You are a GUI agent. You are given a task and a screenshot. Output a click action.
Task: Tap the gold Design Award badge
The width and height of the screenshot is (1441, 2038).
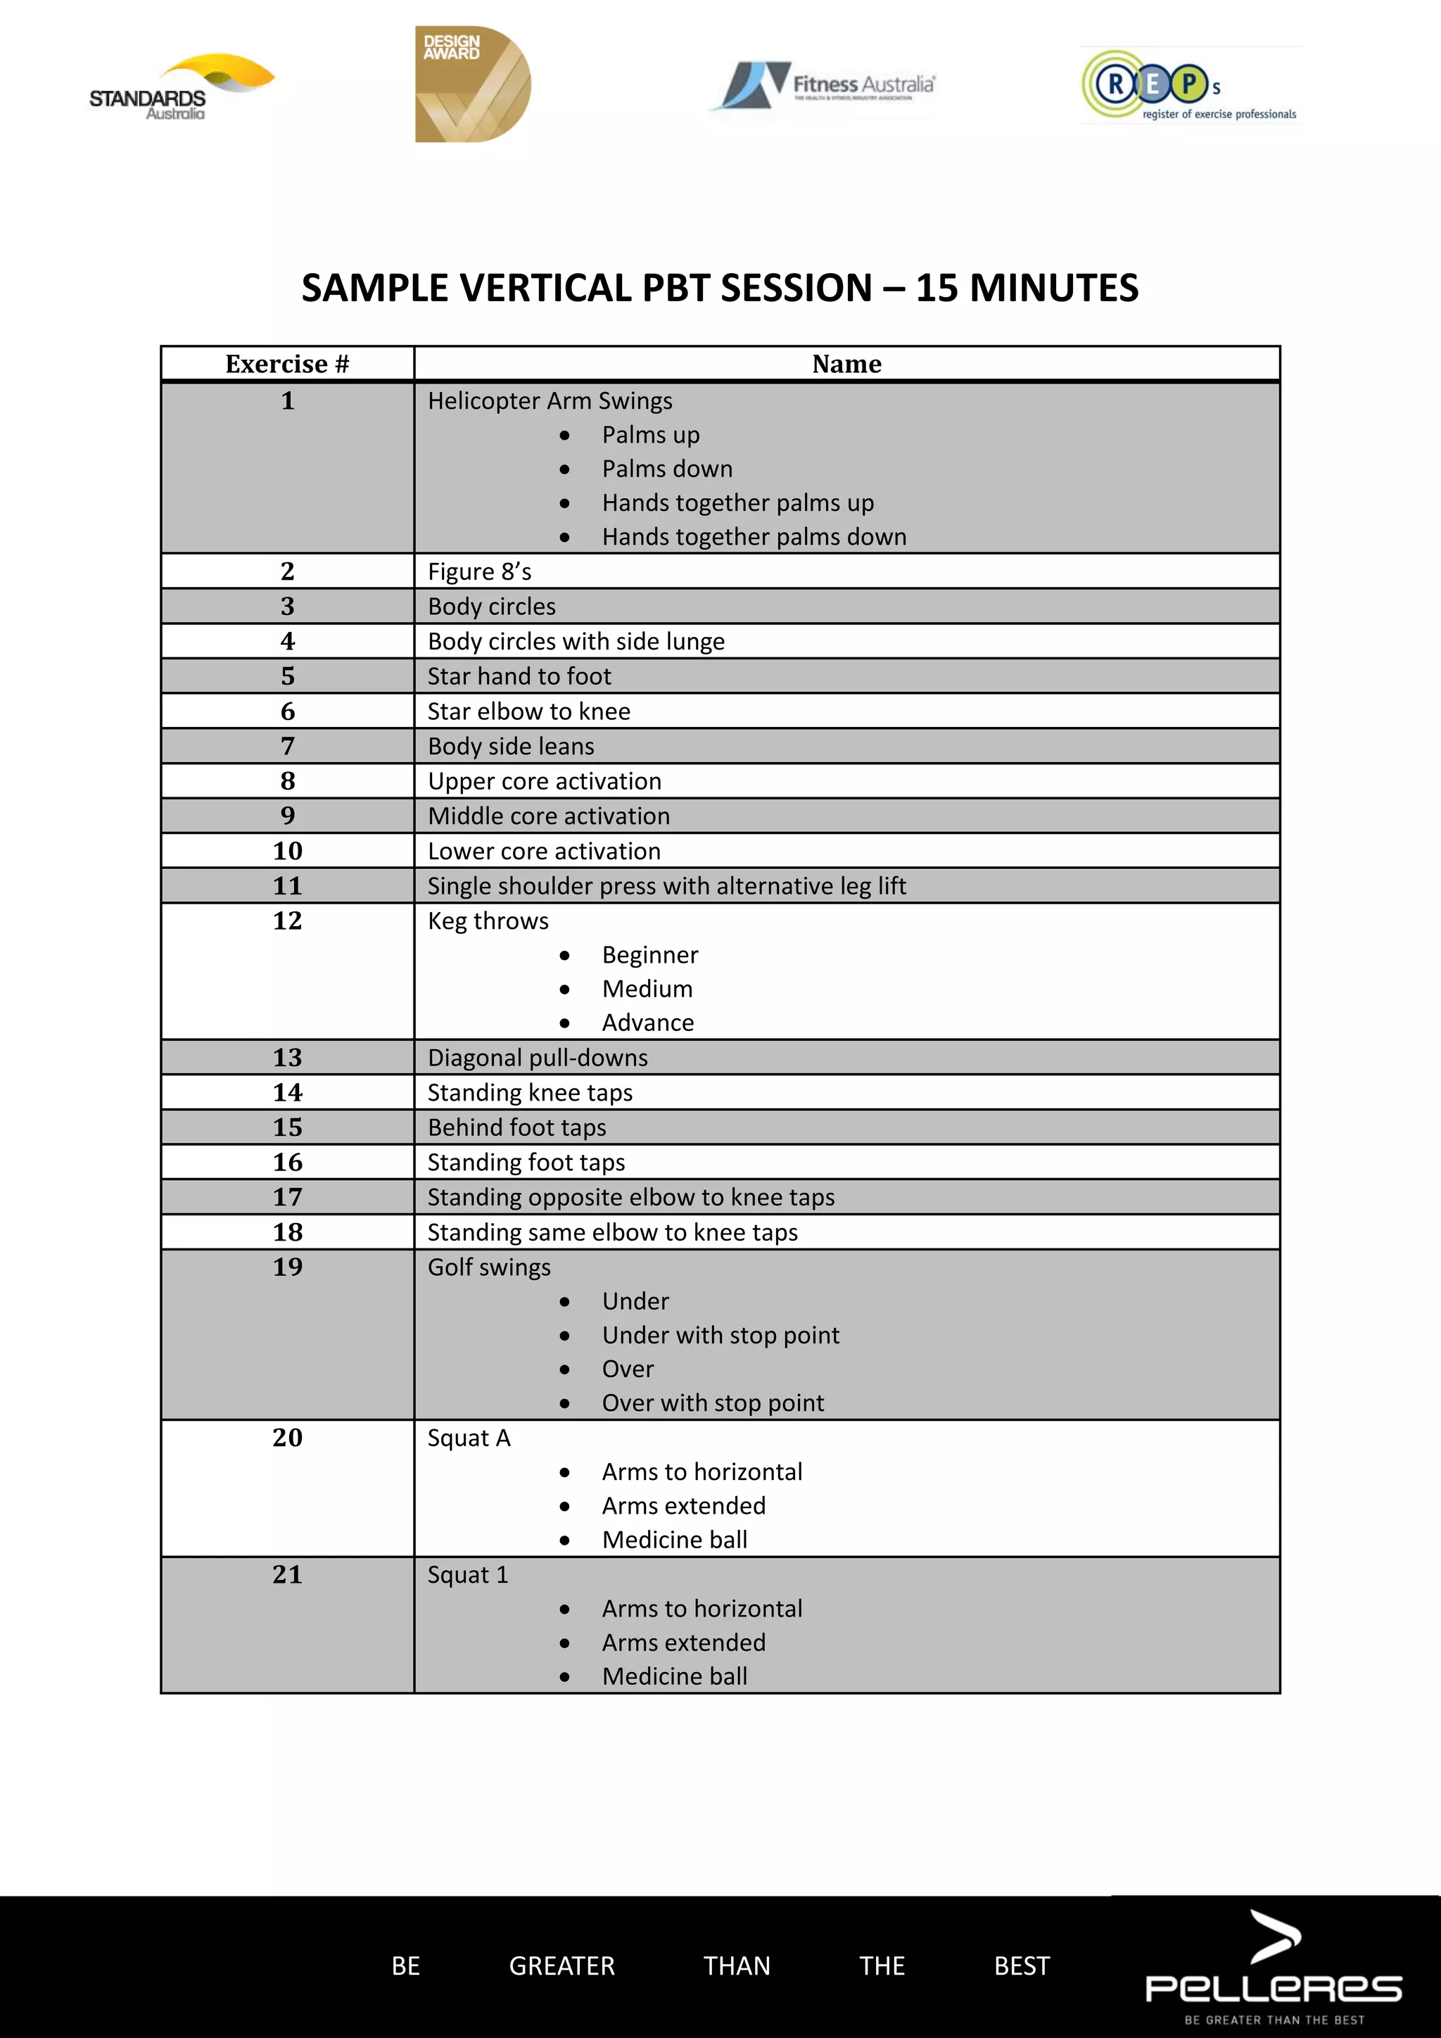472,84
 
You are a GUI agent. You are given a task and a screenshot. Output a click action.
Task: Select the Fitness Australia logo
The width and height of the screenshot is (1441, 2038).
826,85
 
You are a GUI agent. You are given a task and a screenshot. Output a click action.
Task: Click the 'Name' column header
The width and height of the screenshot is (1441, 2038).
846,364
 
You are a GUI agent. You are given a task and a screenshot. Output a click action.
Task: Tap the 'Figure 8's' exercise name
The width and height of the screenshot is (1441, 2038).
479,571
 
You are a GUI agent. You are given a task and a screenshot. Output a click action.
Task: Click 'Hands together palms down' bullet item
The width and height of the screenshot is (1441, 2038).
754,537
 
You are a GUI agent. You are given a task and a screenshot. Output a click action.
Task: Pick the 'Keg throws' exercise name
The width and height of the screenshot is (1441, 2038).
488,921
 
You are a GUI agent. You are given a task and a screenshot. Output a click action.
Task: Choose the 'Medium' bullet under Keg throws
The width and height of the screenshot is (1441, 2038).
647,989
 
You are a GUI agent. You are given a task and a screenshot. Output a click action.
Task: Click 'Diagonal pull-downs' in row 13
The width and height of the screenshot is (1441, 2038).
538,1058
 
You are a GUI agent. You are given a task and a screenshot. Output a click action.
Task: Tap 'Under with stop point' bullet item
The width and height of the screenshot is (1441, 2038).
720,1335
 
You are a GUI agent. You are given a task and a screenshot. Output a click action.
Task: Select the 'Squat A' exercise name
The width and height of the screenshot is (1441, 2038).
469,1438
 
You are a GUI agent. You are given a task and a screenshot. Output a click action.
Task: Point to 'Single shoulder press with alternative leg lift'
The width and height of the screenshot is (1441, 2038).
666,886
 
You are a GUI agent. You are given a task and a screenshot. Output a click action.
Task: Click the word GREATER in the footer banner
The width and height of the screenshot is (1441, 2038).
561,1966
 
